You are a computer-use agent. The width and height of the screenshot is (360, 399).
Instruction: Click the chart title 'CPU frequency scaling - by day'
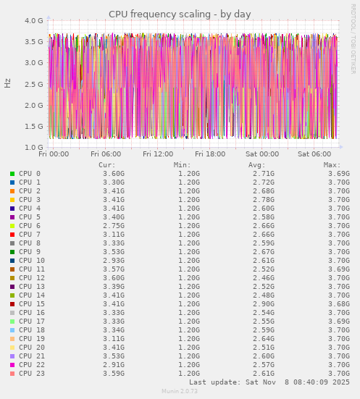(x=180, y=14)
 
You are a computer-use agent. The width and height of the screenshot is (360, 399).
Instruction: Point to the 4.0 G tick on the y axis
(x=33, y=21)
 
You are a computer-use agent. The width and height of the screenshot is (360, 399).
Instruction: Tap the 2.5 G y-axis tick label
(x=33, y=84)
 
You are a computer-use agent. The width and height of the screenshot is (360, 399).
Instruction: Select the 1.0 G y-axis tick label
(x=33, y=147)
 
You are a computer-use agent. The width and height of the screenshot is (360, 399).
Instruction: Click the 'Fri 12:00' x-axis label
(x=158, y=154)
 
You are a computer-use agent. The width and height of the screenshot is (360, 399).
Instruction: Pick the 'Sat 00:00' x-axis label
(x=262, y=154)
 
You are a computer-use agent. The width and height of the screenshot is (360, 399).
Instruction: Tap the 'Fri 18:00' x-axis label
(x=210, y=154)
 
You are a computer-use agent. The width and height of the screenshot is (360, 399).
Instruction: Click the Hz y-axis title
(x=8, y=83)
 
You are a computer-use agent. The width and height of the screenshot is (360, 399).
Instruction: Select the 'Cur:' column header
(x=107, y=165)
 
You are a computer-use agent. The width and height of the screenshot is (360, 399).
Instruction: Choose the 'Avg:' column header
(x=257, y=165)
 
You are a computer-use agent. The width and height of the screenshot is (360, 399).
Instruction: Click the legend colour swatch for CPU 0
(x=12, y=174)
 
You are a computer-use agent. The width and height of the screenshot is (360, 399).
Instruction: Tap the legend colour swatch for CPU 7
(x=12, y=235)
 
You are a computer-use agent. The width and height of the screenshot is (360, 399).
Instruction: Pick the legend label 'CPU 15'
(x=32, y=304)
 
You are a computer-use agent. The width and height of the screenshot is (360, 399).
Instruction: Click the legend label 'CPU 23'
(x=32, y=374)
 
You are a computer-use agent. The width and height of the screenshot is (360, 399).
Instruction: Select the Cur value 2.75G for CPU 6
(x=114, y=226)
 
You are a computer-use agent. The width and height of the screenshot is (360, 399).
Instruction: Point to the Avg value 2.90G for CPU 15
(x=264, y=304)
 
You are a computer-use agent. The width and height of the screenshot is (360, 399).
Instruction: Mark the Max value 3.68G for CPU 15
(x=339, y=304)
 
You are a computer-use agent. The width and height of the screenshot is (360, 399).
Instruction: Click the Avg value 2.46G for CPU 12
(x=264, y=278)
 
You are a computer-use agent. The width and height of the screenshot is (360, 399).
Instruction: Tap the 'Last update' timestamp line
(x=269, y=382)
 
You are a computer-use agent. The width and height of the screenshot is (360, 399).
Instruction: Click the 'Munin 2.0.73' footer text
(x=180, y=392)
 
